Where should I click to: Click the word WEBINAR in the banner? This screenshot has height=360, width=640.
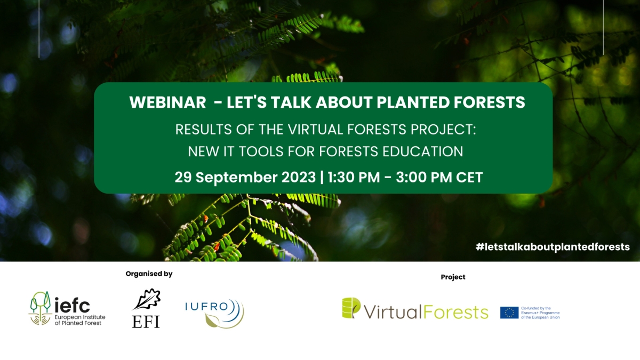[167, 102]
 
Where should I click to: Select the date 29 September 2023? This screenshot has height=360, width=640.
[245, 178]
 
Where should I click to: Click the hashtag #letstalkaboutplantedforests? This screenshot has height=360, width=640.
[553, 247]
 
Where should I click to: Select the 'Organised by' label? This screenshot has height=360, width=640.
[149, 274]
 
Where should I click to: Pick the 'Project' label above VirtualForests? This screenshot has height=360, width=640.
[453, 277]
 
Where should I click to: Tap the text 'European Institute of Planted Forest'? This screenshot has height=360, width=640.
[80, 320]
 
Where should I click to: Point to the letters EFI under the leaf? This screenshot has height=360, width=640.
[146, 322]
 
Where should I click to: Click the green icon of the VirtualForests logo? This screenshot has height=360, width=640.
[351, 308]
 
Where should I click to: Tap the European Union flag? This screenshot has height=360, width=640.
[509, 313]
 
